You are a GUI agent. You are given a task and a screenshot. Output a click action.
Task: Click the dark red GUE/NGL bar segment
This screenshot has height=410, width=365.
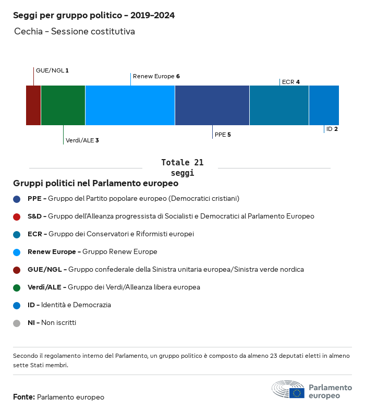click(x=33, y=105)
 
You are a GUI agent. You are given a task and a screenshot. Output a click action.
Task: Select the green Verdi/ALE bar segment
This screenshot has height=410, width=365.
click(x=63, y=105)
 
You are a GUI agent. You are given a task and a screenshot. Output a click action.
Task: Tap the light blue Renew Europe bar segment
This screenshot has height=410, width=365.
click(x=130, y=105)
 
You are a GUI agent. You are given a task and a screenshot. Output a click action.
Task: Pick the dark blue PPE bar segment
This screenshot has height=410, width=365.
click(x=212, y=105)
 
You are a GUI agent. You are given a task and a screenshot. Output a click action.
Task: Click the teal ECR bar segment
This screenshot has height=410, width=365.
click(x=279, y=105)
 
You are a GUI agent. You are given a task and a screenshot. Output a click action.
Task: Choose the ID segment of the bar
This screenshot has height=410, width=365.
click(x=324, y=105)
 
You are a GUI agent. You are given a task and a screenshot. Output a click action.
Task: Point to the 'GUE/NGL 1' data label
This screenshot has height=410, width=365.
click(x=52, y=70)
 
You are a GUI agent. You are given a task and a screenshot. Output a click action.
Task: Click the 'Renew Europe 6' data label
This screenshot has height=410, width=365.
click(x=156, y=76)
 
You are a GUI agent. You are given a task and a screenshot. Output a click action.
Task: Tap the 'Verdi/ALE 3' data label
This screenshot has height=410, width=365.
click(x=82, y=140)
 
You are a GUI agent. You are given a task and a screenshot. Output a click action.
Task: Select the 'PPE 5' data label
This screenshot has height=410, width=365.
click(x=223, y=135)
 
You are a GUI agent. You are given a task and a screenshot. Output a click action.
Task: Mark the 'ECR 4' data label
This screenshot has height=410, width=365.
click(x=290, y=82)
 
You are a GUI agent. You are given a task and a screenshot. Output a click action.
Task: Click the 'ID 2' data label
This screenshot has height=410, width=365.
click(x=332, y=129)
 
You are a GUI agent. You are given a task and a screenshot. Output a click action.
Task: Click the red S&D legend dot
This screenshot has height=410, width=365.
click(x=17, y=216)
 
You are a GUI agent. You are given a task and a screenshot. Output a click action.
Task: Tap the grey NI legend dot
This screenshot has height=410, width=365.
click(x=17, y=323)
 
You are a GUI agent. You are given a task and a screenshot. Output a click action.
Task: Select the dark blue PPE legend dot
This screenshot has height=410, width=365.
click(x=17, y=199)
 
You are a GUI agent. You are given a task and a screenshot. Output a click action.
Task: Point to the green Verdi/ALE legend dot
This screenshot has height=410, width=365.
click(x=17, y=287)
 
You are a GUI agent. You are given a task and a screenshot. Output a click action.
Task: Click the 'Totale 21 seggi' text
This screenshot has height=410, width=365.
click(x=182, y=167)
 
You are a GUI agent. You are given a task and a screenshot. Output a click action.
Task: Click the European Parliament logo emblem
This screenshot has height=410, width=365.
click(x=288, y=389)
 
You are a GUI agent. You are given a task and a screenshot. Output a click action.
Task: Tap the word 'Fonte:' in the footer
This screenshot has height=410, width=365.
click(x=24, y=397)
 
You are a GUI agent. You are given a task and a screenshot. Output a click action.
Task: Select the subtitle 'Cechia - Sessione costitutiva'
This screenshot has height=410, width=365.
click(x=75, y=31)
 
